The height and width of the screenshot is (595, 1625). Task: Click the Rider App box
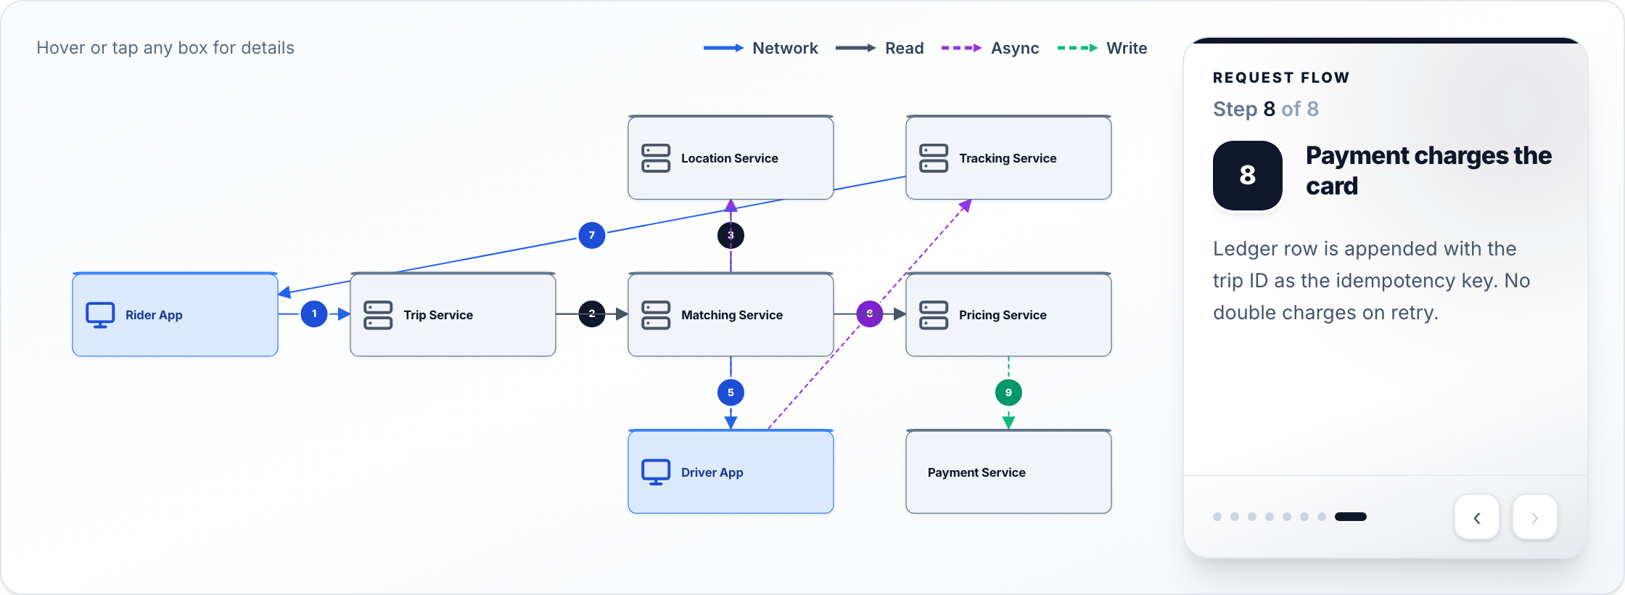pyautogui.click(x=175, y=314)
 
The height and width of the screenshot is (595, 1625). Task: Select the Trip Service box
pyautogui.click(x=453, y=314)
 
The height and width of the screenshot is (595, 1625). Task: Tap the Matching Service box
pyautogui.click(x=731, y=314)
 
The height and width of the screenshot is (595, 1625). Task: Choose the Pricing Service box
pyautogui.click(x=1008, y=314)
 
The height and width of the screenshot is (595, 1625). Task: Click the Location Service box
pyautogui.click(x=731, y=157)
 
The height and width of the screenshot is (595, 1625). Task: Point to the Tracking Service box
pyautogui.click(x=1008, y=157)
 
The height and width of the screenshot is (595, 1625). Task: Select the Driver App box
pyautogui.click(x=731, y=472)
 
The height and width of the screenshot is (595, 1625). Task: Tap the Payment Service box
pyautogui.click(x=1008, y=472)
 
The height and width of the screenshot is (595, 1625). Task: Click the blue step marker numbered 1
pyautogui.click(x=314, y=314)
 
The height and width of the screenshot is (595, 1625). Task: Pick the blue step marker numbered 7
pyautogui.click(x=592, y=235)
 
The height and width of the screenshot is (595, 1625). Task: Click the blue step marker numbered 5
pyautogui.click(x=731, y=393)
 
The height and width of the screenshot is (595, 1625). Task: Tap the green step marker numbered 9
pyautogui.click(x=1008, y=393)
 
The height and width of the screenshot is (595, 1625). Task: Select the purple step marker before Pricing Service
pyautogui.click(x=869, y=314)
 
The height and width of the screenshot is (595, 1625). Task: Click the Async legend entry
pyautogui.click(x=990, y=48)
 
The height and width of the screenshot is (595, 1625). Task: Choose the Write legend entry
pyautogui.click(x=1103, y=48)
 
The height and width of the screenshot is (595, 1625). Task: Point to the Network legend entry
pyautogui.click(x=760, y=48)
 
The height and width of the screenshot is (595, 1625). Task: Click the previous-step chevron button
pyautogui.click(x=1477, y=517)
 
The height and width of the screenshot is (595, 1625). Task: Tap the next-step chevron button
pyautogui.click(x=1535, y=517)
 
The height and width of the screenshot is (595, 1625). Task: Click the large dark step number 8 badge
pyautogui.click(x=1248, y=176)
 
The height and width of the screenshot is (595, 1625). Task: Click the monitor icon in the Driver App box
pyautogui.click(x=656, y=472)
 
